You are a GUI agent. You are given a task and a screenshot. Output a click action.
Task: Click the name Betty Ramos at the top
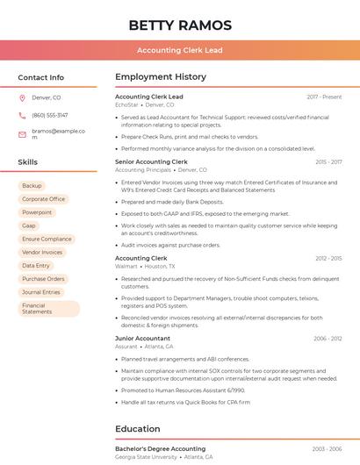(x=180, y=25)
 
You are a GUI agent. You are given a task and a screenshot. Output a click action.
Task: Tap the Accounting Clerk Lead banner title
(x=180, y=50)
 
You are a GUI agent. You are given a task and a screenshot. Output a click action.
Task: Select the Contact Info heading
(x=40, y=77)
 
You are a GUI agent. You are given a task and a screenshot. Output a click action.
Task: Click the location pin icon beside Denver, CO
(x=22, y=98)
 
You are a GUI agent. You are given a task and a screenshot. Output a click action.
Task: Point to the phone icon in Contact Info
(x=22, y=116)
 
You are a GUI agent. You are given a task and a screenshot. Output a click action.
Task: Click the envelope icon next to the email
(x=22, y=134)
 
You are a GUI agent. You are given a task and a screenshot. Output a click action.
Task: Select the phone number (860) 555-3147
(x=49, y=116)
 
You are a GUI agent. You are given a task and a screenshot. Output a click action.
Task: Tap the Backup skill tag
(x=32, y=186)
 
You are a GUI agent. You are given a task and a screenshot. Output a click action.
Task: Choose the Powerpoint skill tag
(x=37, y=212)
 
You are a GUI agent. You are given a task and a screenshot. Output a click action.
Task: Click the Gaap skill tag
(x=29, y=225)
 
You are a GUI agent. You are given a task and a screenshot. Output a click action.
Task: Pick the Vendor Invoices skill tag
(x=42, y=252)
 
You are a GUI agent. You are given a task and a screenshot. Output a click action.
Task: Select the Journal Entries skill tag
(x=41, y=292)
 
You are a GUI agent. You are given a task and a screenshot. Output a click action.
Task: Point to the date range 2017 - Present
(x=324, y=97)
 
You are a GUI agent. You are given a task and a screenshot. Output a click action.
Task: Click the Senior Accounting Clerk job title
(x=151, y=161)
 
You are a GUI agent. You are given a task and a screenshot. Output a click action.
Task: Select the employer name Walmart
(x=126, y=266)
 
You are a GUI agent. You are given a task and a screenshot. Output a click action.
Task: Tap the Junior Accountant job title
(x=143, y=338)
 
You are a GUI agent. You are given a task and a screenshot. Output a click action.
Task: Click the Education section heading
(x=137, y=429)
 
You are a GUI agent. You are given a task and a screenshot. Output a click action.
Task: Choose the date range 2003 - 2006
(x=327, y=448)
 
